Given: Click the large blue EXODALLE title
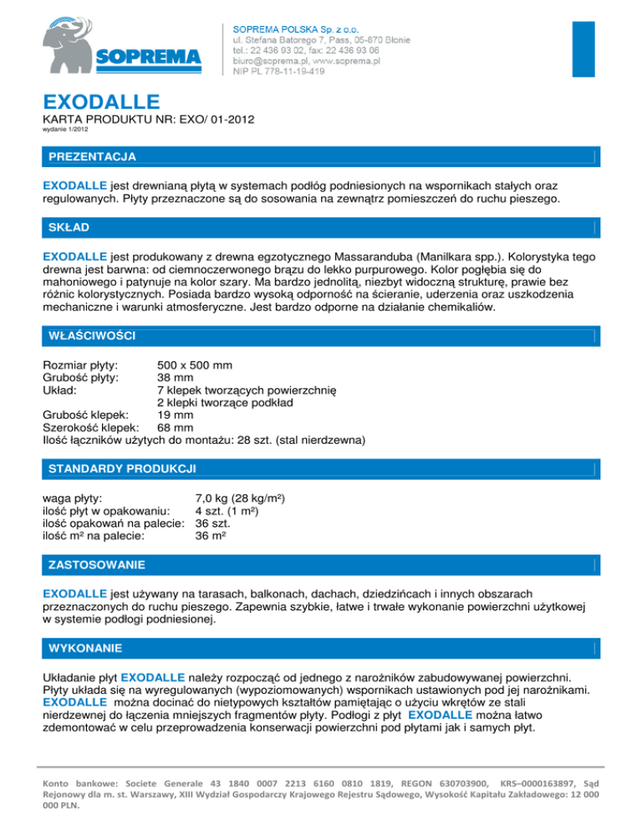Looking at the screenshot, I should (101, 103).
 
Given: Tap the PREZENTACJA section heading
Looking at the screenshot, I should (93, 156).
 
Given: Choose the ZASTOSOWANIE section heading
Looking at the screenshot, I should (98, 564).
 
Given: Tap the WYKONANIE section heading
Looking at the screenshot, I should (87, 648).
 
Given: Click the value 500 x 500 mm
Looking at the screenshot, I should (195, 365).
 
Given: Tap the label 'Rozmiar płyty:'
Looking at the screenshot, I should (79, 365).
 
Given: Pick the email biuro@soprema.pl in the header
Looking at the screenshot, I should (269, 61).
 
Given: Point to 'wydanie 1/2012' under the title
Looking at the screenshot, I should (64, 130).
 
